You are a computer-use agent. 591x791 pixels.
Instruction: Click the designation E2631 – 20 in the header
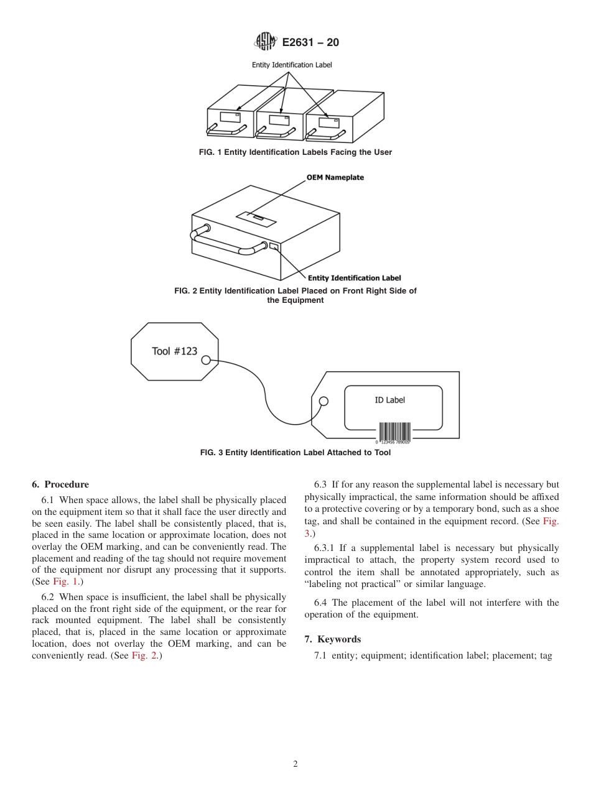coord(310,43)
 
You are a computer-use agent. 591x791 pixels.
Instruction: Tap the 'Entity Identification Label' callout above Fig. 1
coord(291,65)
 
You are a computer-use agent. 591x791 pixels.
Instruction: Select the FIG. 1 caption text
coord(295,152)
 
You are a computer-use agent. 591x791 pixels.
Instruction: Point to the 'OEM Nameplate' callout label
coord(335,177)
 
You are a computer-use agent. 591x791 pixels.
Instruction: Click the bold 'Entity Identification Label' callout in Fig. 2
coord(355,278)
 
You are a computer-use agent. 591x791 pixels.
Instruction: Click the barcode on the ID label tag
coord(394,432)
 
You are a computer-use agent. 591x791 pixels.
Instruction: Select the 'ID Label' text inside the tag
coord(389,400)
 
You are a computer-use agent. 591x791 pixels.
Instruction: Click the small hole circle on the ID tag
coord(323,400)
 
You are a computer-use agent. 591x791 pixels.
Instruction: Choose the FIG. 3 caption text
coord(295,453)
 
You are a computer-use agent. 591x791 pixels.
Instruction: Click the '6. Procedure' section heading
coord(60,484)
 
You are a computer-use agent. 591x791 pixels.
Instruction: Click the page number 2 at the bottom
coord(295,764)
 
